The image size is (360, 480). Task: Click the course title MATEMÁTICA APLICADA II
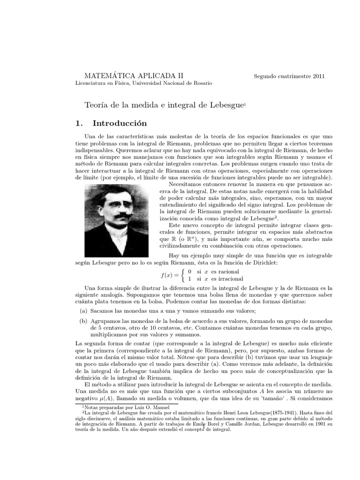(134, 75)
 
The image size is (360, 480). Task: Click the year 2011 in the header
(317, 76)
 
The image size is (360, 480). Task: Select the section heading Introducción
(120, 124)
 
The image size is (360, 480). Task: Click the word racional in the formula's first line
(225, 272)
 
